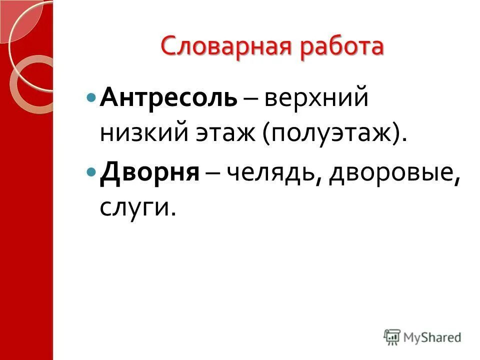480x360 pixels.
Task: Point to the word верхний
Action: (316, 96)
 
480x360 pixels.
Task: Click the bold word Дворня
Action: (150, 172)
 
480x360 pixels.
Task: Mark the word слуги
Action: (134, 208)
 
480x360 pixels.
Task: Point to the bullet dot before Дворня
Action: (90, 171)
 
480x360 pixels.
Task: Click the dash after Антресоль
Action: (251, 97)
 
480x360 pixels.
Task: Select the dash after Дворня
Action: (214, 173)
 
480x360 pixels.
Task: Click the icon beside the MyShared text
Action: (393, 336)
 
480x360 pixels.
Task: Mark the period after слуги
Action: (173, 215)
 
